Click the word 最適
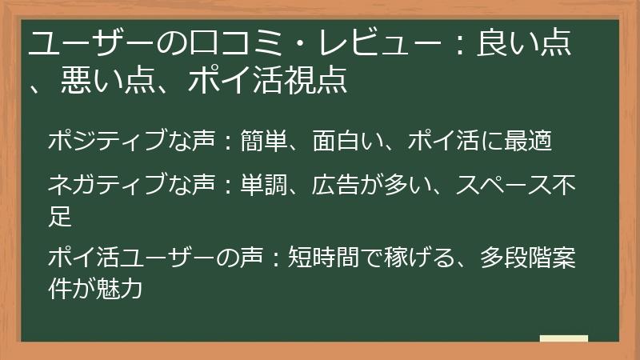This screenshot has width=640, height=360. click(529, 141)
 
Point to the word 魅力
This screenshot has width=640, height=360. click(119, 286)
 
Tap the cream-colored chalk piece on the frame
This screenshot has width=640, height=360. click(563, 339)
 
